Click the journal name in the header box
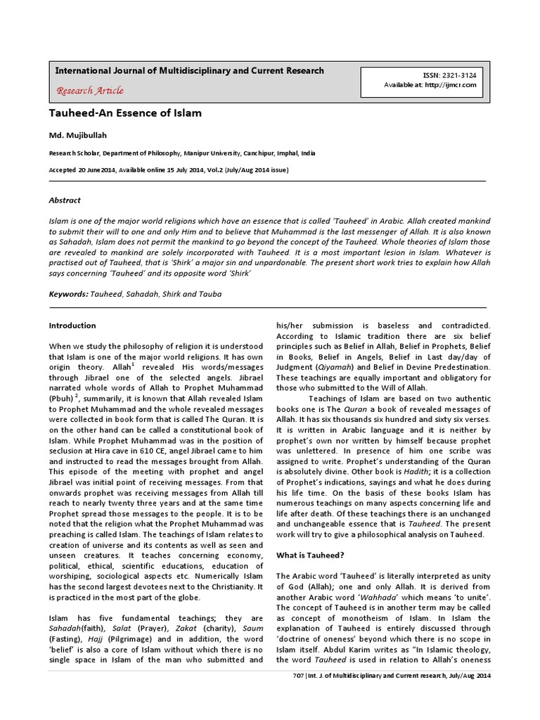coord(189,71)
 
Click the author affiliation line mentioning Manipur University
coord(182,152)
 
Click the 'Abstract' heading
coord(64,200)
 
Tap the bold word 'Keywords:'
coord(68,294)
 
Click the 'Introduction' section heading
coord(72,326)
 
